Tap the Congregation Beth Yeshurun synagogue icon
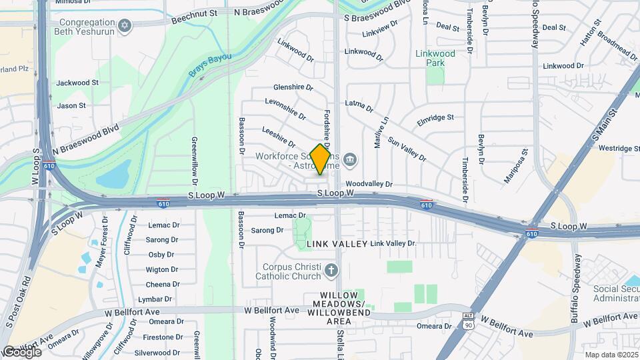pyautogui.click(x=123, y=26)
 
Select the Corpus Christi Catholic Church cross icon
pyautogui.click(x=332, y=270)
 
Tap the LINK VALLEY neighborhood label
pyautogui.click(x=337, y=245)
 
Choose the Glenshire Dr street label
pyautogui.click(x=293, y=87)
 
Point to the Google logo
pyautogui.click(x=21, y=351)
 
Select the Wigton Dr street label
pyautogui.click(x=162, y=269)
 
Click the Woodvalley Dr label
pyautogui.click(x=369, y=184)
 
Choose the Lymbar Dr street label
pyautogui.click(x=159, y=299)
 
